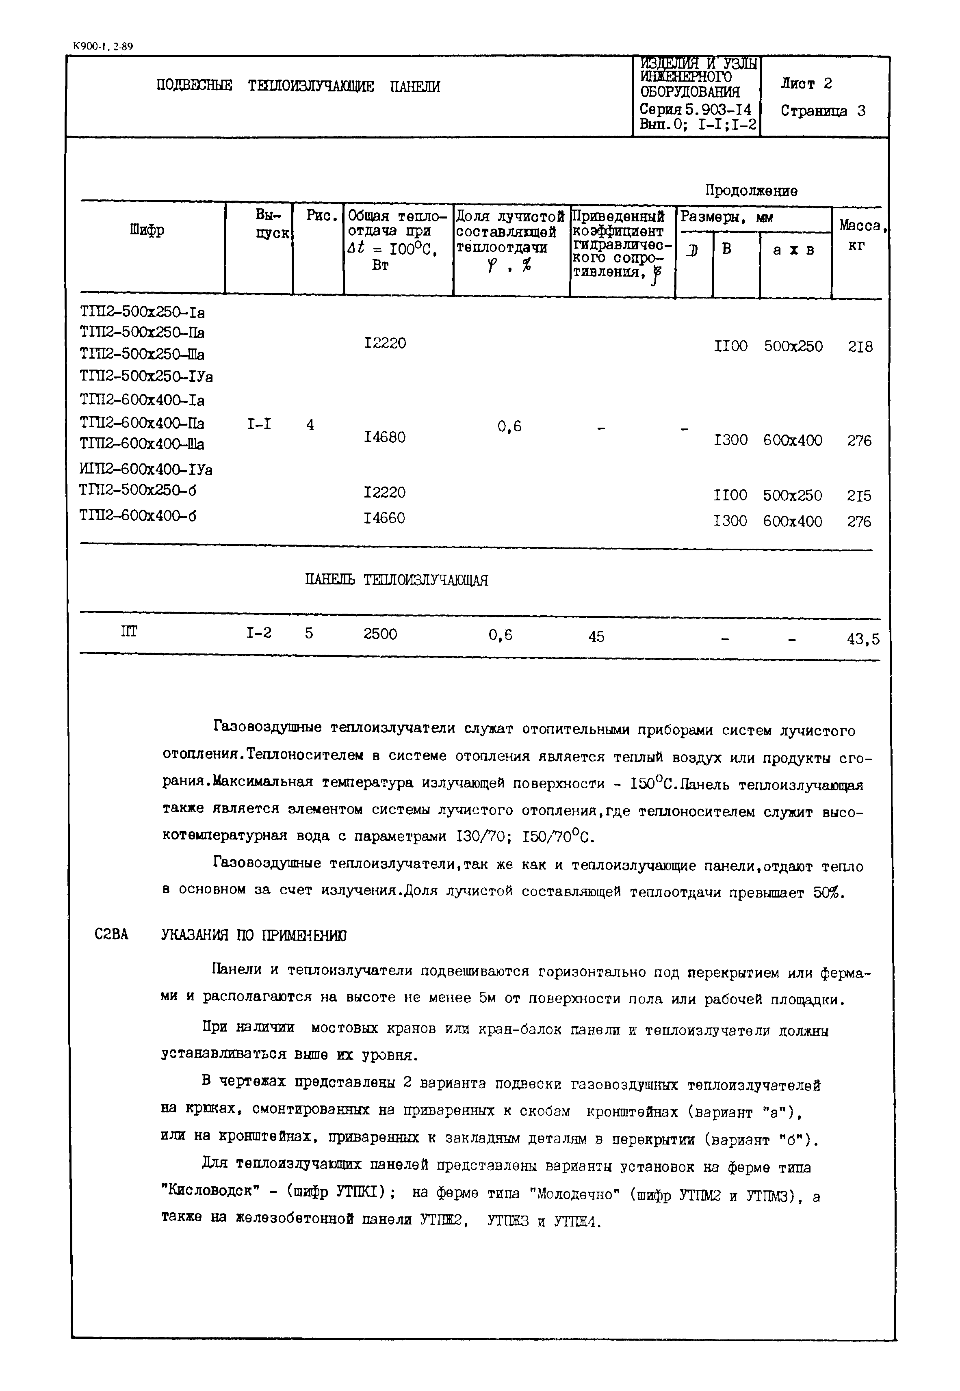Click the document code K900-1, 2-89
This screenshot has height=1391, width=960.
click(x=102, y=45)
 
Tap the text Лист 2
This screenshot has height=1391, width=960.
click(x=806, y=84)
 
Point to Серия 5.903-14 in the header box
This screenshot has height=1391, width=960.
click(x=696, y=109)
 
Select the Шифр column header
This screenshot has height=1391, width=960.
click(x=147, y=230)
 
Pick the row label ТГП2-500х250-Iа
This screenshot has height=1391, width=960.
click(x=142, y=313)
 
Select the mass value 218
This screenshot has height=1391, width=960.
click(x=860, y=347)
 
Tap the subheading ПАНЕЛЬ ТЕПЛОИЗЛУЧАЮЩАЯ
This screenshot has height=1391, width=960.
click(x=397, y=580)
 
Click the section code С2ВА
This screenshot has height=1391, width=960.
click(x=111, y=935)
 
